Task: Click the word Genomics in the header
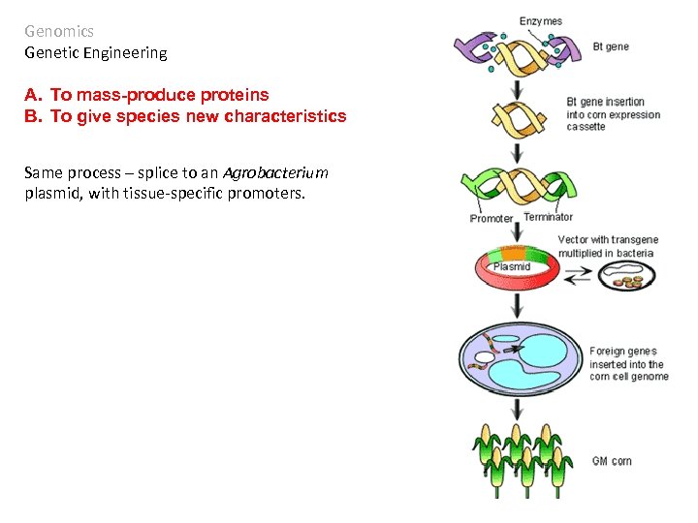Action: (x=59, y=31)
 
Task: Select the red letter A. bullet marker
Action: (x=34, y=95)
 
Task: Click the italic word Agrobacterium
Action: (x=275, y=172)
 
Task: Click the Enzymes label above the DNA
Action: (x=540, y=21)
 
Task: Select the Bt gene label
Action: (x=611, y=46)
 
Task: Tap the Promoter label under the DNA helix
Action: (x=491, y=218)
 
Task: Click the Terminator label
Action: (x=548, y=217)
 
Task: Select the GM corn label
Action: (x=612, y=461)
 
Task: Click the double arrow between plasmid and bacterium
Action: (x=579, y=277)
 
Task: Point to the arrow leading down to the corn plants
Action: (x=518, y=410)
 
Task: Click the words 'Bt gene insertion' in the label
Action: (x=605, y=102)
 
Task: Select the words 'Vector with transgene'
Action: (x=608, y=240)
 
